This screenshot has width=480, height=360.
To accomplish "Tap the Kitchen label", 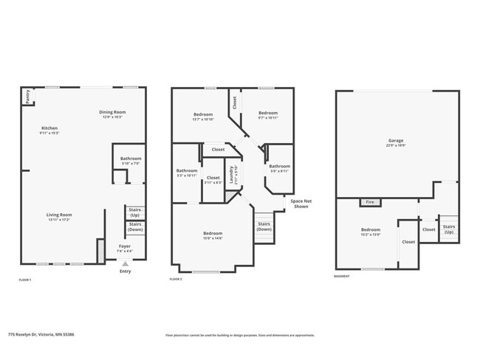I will point(49,128).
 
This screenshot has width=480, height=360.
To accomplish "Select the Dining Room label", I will point(112,112).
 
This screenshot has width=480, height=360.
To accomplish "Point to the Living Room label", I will point(60,215).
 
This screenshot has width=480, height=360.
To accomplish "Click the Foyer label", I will point(125,247).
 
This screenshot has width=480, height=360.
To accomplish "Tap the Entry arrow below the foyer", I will point(125,263).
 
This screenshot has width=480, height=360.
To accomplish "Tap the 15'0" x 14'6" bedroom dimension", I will point(213,238).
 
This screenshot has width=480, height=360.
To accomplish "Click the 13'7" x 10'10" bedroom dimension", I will point(203,119).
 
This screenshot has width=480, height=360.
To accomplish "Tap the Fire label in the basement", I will point(370,202).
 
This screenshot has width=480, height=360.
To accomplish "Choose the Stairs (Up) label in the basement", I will point(449,229).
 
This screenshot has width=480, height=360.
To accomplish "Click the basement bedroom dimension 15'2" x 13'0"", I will point(371,234).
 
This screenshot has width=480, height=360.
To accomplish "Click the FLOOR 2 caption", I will point(176,280).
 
